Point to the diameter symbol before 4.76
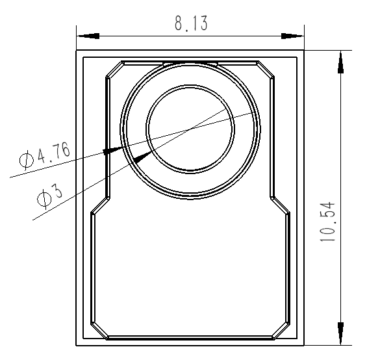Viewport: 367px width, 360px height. pos(27,159)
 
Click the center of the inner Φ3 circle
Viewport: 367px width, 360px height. pos(190,127)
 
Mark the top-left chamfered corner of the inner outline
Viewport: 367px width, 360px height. pos(114,70)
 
